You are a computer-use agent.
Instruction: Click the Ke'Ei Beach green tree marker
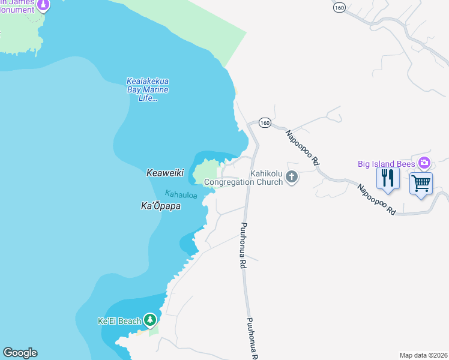(149, 320)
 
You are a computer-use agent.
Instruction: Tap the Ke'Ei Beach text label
(120, 321)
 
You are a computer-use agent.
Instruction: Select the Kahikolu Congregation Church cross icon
(292, 176)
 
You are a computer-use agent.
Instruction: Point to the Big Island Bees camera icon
(424, 163)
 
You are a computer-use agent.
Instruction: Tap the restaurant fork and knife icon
(388, 178)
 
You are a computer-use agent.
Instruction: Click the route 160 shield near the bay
(265, 122)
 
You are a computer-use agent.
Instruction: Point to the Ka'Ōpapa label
(161, 206)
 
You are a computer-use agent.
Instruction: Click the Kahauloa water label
(181, 195)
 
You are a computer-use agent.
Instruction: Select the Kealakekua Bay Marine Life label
(147, 90)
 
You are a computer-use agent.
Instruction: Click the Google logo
(20, 353)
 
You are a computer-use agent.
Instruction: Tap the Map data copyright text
(424, 355)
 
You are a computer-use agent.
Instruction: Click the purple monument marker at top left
(43, 5)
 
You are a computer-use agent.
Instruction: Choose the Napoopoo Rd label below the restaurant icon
(376, 199)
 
